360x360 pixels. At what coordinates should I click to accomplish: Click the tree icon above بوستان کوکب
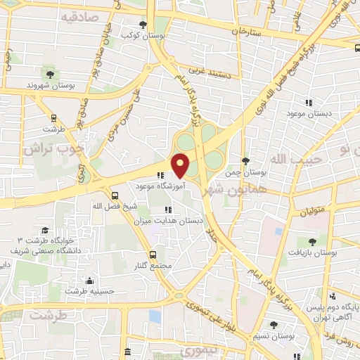coord(143,25)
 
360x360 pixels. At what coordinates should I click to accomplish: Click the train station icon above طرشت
coord(53,119)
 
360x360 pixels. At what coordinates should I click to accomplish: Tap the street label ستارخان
coord(250,32)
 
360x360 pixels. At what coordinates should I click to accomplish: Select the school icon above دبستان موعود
coord(307,102)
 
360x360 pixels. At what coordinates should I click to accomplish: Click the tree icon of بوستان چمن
coord(245,161)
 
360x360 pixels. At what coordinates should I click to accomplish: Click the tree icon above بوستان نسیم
coord(274,326)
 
